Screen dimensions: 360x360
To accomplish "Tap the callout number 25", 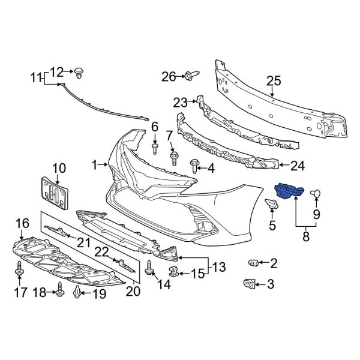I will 274,81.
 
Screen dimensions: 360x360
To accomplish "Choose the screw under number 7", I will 175,158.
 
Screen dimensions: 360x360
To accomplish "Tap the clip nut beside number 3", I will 248,283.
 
